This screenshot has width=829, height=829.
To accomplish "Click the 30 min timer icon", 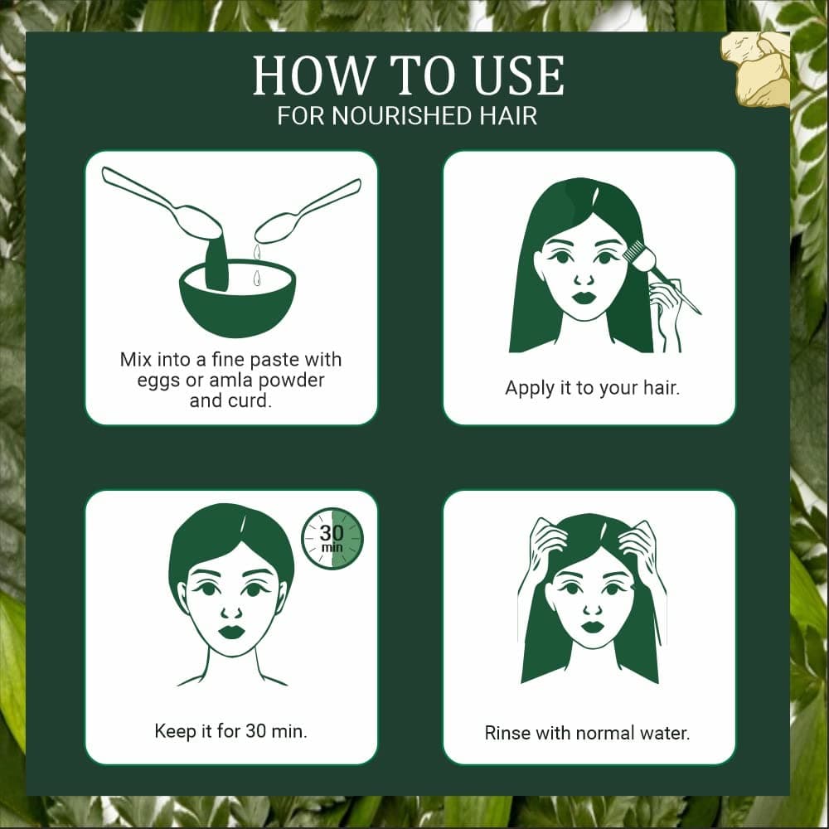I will tap(332, 538).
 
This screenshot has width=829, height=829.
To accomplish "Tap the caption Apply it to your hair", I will tap(592, 387).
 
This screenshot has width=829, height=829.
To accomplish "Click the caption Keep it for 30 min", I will tap(230, 731).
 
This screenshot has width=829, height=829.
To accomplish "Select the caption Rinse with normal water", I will tap(587, 733).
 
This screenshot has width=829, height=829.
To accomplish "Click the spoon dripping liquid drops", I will tap(308, 212).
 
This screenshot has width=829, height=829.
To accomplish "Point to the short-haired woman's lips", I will tap(231, 632).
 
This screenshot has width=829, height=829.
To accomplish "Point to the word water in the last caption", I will tap(664, 733).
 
